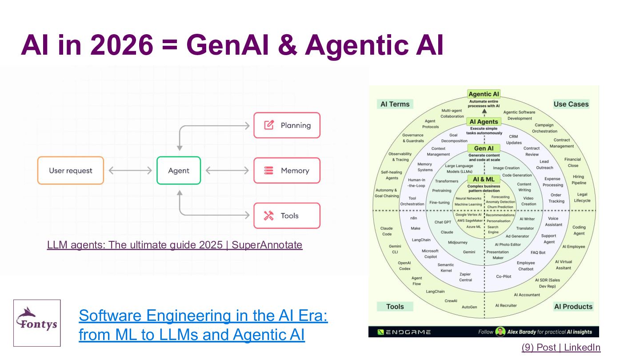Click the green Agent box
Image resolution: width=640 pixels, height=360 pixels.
pos(179,171)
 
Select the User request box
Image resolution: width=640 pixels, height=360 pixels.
pos(71,171)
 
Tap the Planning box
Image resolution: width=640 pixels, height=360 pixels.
pos(287,125)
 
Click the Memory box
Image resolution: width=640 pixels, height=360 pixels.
pos(287,171)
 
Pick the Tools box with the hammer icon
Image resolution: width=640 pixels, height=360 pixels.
pos(287,216)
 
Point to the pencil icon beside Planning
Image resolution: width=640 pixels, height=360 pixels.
pos(269,125)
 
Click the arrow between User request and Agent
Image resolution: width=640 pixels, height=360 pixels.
pos(130,171)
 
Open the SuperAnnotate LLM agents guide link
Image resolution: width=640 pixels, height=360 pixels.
pos(175,245)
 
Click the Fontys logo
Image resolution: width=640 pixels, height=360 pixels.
pos(37,323)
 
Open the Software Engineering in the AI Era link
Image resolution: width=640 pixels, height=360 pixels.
pos(203,325)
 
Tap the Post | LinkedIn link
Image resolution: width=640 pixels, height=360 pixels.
pos(561,348)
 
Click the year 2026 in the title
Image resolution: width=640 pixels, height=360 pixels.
pos(122,45)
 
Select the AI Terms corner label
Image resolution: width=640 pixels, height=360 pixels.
pos(395,104)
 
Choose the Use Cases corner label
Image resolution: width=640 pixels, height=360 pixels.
pos(571,104)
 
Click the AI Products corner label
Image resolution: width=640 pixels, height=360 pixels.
pos(573,307)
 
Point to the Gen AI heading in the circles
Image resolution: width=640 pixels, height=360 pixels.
pos(484,148)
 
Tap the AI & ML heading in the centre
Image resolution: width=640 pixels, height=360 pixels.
pos(484,179)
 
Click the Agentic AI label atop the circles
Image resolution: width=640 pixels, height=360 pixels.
pos(484,94)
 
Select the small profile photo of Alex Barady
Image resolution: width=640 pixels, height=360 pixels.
pos(500,332)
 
